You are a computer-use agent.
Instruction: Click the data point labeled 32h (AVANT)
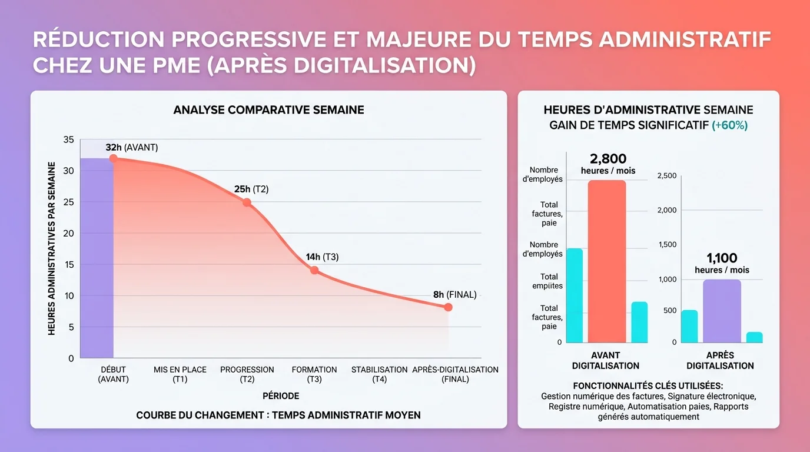coord(114,158)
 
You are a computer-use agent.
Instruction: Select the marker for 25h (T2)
coord(247,202)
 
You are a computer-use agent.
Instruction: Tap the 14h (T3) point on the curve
coord(314,270)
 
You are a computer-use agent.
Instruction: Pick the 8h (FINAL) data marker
coord(448,307)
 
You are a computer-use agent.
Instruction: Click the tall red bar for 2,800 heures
coord(607,261)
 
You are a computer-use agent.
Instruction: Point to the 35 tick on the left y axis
coord(68,139)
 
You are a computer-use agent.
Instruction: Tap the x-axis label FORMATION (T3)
coord(314,374)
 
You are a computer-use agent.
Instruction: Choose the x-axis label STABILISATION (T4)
coord(379,374)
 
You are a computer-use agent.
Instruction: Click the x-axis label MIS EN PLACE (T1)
coord(180,374)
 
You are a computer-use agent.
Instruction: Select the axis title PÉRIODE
coord(281,396)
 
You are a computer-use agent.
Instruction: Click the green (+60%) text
coord(729,125)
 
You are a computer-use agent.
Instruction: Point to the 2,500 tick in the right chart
coord(667,176)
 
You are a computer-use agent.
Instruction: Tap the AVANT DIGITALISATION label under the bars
coord(606,360)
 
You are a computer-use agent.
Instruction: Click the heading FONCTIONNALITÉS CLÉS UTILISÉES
coord(648,386)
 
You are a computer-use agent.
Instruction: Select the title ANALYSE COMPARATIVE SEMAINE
coord(268,110)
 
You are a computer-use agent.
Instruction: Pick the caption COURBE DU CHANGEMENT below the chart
coord(278,415)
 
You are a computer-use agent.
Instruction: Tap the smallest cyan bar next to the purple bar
coord(754,337)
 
